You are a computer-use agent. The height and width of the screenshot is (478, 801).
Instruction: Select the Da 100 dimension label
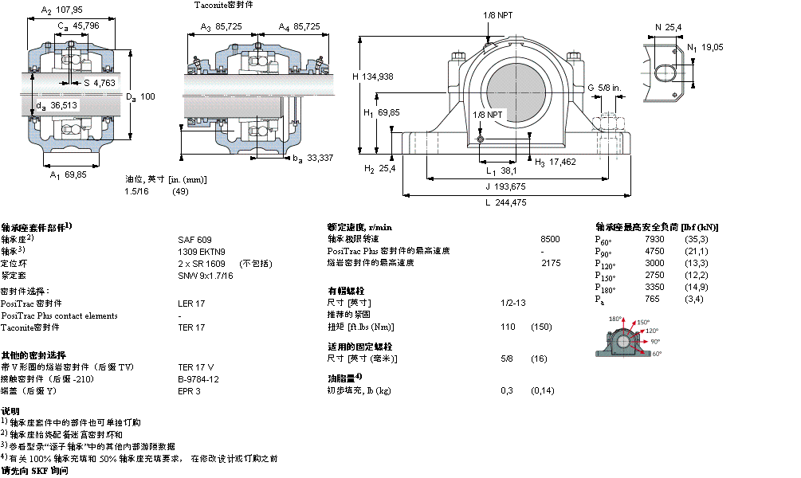click(140, 96)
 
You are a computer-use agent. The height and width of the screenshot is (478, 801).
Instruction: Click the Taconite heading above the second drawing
click(225, 5)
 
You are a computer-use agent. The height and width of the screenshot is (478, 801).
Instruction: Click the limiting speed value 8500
click(550, 239)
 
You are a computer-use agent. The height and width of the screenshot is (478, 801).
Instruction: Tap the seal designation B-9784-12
click(198, 379)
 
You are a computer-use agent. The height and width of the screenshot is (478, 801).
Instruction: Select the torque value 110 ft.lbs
click(507, 327)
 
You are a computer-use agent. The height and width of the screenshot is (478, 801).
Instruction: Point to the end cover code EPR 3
click(189, 391)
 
